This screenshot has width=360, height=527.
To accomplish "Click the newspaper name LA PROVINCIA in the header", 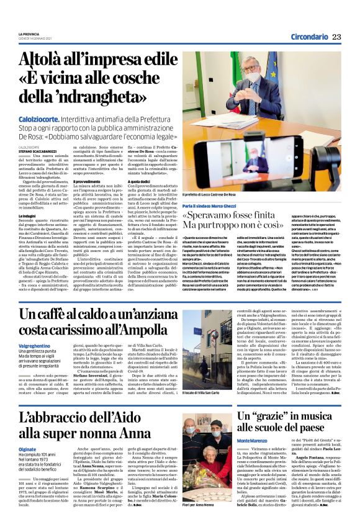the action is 29,33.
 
